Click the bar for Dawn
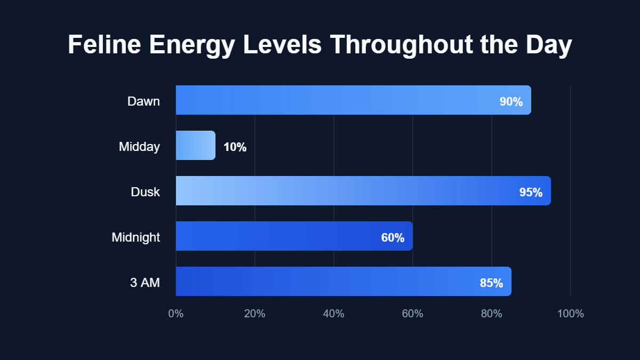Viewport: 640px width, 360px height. point(331,100)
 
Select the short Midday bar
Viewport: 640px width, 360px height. point(195,145)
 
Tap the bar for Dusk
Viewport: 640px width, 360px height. point(341,190)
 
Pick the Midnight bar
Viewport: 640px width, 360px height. point(277,236)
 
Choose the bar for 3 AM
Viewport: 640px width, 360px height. point(320,281)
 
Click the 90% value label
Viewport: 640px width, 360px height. point(511,102)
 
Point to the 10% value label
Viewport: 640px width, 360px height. point(235,147)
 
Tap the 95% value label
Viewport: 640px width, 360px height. point(531,193)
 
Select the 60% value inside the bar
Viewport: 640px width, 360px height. point(393,238)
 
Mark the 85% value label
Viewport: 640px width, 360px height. point(491,283)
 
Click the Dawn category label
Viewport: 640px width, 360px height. point(143,101)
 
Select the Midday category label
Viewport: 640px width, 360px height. point(139,147)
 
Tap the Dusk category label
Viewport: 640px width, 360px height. point(145,192)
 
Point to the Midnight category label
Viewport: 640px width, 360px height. point(135,237)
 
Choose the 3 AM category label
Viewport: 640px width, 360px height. point(145,283)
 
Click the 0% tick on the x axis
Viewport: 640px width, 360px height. point(176,314)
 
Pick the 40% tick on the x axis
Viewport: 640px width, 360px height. point(334,314)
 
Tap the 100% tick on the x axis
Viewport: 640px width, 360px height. point(571,314)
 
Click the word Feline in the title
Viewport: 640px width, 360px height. point(105,45)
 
